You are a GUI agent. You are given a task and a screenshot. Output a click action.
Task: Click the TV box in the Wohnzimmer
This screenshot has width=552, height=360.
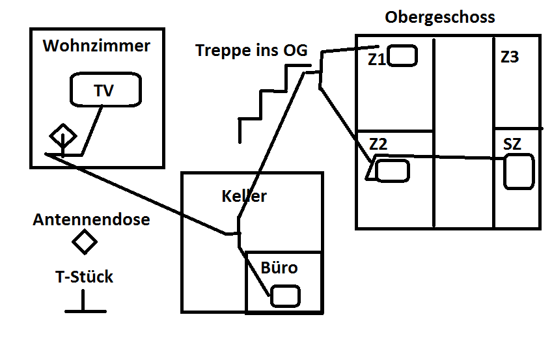point(104,90)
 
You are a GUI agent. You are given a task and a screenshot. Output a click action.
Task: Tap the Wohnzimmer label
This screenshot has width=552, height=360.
point(96,47)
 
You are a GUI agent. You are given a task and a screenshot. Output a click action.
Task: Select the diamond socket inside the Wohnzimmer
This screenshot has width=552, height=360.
point(63,136)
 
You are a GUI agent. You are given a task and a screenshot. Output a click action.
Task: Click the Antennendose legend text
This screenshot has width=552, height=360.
point(91,220)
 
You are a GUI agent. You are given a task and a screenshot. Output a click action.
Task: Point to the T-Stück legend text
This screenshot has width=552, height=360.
point(85,277)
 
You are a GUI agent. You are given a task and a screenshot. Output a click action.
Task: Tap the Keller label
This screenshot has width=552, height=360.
point(244,196)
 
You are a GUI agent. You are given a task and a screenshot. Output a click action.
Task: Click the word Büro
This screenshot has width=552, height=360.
point(279,268)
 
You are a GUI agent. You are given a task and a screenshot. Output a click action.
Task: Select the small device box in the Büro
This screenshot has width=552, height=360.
point(285,296)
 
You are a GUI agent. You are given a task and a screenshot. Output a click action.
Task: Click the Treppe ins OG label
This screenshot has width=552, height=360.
point(251,51)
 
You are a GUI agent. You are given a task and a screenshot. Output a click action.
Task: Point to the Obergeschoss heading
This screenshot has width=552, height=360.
point(439,18)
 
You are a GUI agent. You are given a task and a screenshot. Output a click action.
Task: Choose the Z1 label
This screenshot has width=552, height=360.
point(376,59)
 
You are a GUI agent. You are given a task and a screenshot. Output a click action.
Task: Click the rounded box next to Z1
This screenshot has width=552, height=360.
point(403,55)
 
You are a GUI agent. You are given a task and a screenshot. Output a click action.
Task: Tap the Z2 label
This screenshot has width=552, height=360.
point(378,144)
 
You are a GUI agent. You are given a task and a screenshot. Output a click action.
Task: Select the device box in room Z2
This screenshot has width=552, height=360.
point(393,171)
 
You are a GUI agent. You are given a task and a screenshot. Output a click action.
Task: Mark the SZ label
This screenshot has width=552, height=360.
point(512,145)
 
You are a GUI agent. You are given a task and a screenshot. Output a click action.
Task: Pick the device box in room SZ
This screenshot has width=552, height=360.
point(519,171)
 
